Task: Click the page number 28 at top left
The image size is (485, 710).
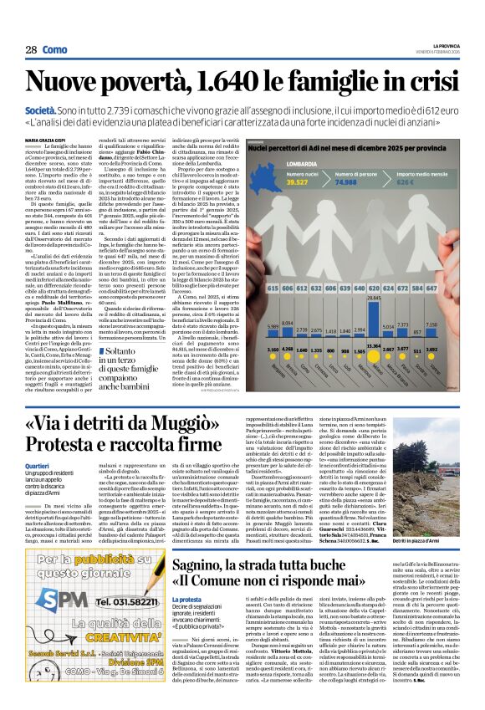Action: click(31, 49)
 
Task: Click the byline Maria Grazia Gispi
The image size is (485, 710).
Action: click(72, 139)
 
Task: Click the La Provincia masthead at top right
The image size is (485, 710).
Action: click(457, 43)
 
